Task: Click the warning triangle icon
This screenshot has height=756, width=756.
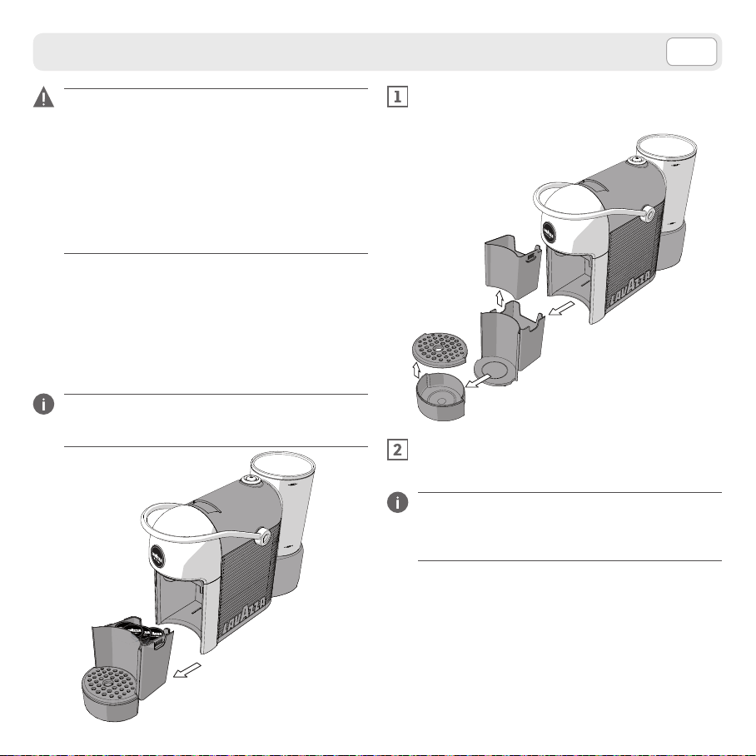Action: coord(43,97)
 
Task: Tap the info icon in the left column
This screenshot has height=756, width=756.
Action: coord(43,404)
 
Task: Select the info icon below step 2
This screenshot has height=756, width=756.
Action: coord(398,502)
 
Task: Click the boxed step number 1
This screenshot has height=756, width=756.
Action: coord(398,97)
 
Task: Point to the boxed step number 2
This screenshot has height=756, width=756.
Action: coord(398,450)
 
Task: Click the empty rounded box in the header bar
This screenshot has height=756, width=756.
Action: coord(691,52)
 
